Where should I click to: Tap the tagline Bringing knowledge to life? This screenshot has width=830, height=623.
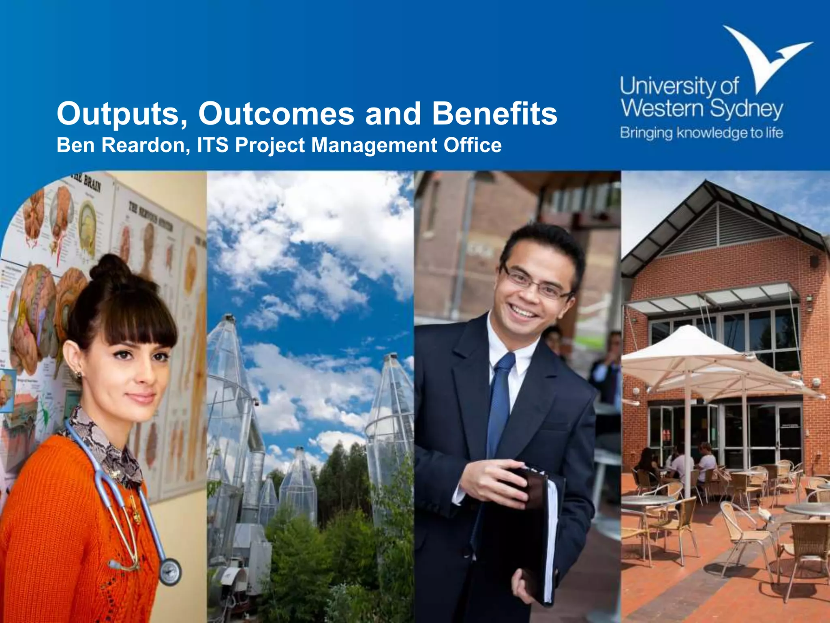(702, 133)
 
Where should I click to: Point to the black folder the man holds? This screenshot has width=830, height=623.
(523, 535)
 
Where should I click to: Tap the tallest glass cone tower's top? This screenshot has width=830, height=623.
(229, 318)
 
